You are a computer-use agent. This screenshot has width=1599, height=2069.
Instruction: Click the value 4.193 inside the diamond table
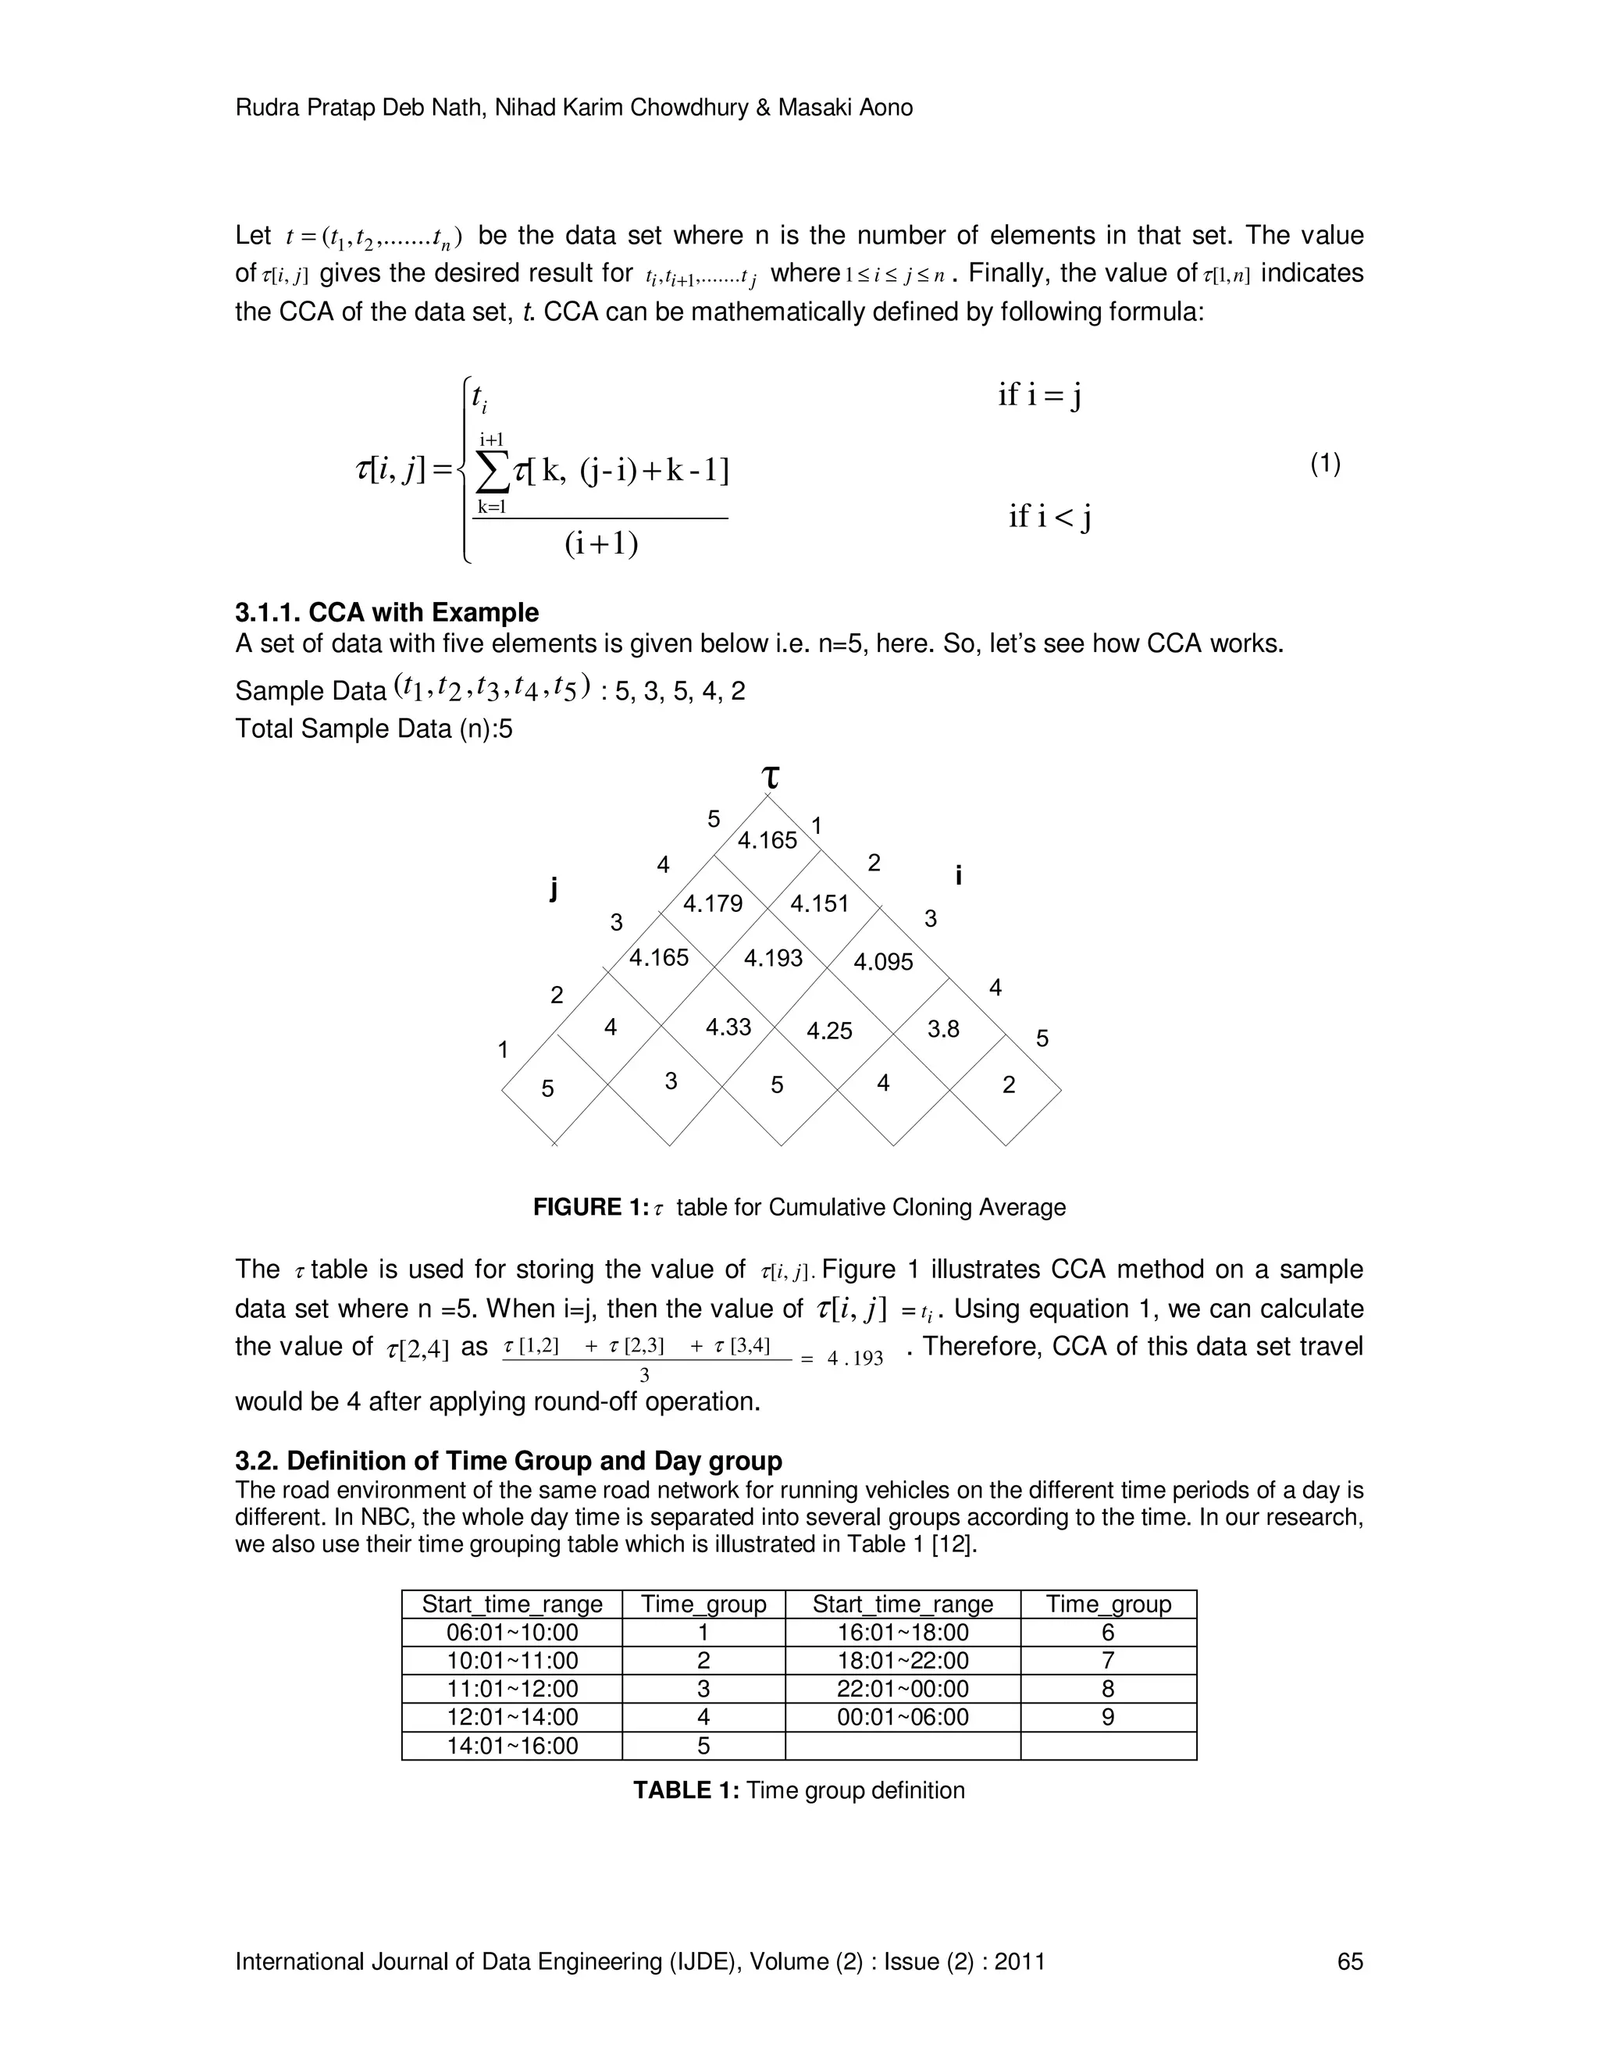(x=772, y=958)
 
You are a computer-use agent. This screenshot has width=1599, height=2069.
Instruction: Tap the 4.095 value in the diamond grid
(x=883, y=963)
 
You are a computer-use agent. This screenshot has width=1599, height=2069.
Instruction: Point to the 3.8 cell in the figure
(x=942, y=1029)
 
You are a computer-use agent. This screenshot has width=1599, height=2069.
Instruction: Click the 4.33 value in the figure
(x=728, y=1027)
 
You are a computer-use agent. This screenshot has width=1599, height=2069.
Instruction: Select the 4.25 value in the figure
(x=829, y=1031)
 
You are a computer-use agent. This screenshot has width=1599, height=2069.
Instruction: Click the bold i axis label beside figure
(x=959, y=875)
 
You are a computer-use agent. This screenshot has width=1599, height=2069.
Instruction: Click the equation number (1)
(x=1325, y=465)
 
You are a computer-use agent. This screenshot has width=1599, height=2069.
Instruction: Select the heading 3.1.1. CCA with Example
(x=386, y=612)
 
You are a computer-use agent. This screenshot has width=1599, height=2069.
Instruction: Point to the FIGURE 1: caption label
(x=590, y=1207)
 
